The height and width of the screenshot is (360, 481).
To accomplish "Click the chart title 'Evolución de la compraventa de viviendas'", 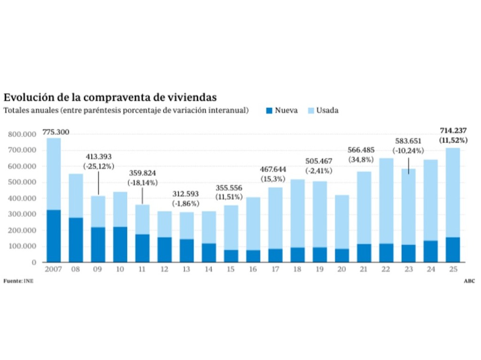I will click(110, 97).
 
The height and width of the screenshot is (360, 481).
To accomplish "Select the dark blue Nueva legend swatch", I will click(269, 111).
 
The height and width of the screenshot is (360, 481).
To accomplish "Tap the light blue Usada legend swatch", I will click(310, 111).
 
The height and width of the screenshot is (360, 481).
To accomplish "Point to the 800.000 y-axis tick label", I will click(22, 135).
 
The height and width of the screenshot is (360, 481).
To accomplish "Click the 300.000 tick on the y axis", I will click(22, 214).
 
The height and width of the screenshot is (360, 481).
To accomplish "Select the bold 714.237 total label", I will click(452, 131).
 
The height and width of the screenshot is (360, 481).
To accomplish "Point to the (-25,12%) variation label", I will click(98, 166).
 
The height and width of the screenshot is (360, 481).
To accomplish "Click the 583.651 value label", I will click(408, 141).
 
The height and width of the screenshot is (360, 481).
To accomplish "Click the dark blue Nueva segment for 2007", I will click(53, 236).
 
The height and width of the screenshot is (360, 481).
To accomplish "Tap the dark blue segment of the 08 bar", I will click(76, 239).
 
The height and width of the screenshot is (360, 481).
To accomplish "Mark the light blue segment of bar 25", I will click(452, 192).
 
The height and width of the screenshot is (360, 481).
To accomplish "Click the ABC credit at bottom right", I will click(469, 281).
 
